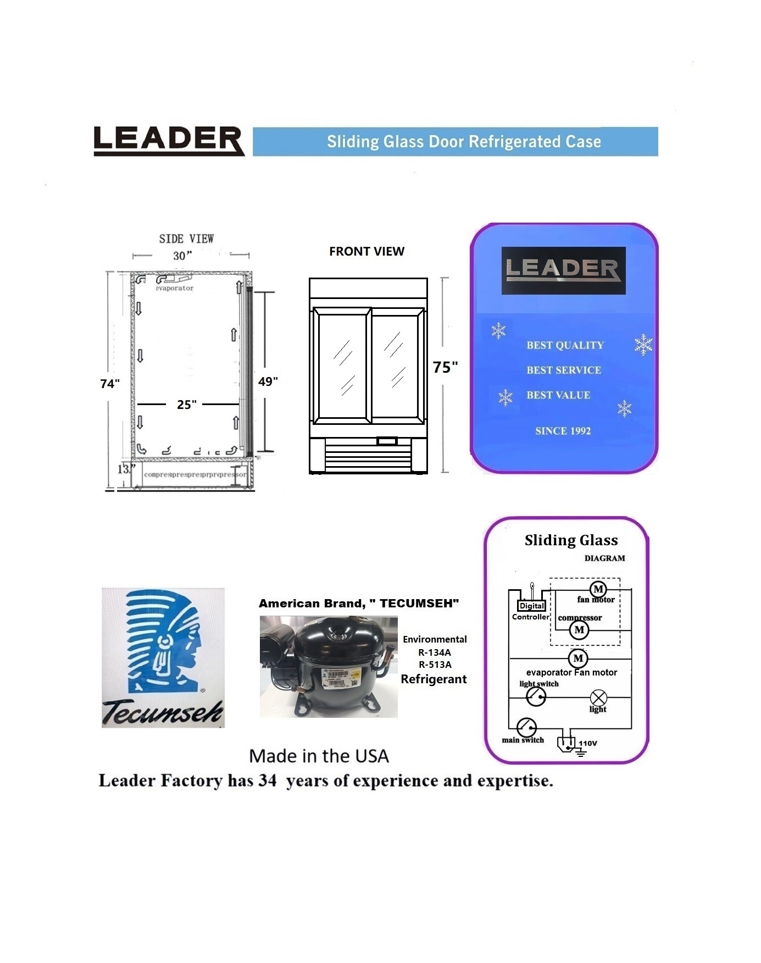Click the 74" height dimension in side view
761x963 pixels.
[110, 384]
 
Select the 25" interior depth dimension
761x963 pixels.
[187, 405]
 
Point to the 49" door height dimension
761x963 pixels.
[268, 381]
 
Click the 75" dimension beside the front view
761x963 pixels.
[445, 367]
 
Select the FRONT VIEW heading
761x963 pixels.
[366, 252]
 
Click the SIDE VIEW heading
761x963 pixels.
[186, 239]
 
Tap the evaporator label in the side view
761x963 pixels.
[175, 288]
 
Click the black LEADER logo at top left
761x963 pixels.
[168, 141]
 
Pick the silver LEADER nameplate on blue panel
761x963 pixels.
[563, 270]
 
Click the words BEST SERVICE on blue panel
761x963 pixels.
[564, 370]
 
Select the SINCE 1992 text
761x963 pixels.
[563, 431]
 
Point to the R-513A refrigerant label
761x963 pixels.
[435, 665]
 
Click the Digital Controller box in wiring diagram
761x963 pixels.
[532, 606]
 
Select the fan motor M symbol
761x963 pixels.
[598, 590]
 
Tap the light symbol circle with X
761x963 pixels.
[598, 698]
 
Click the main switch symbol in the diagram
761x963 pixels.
[526, 727]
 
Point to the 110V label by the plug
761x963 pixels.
[588, 744]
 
